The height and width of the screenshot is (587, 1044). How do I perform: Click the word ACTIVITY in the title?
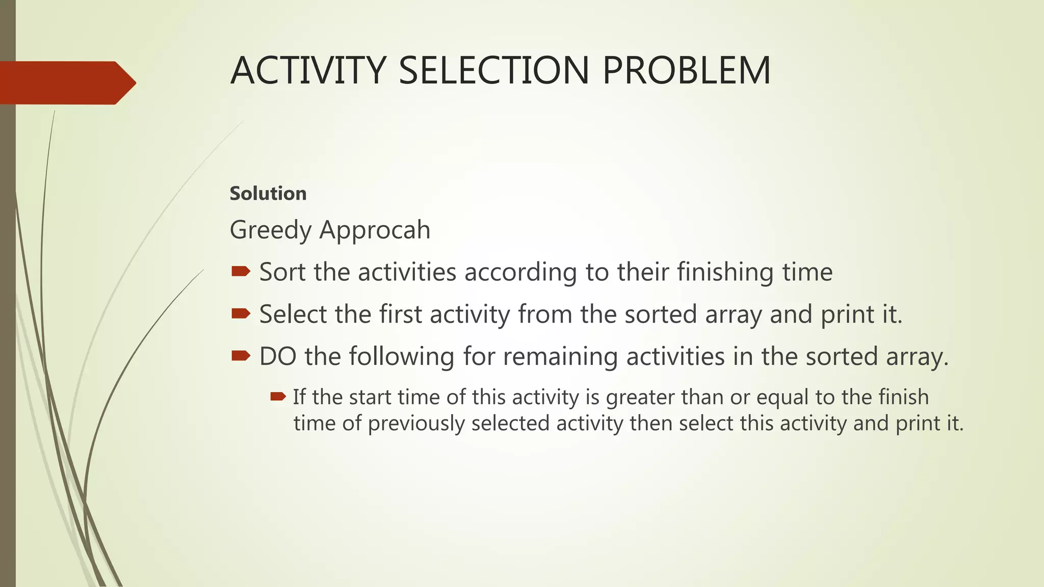point(308,70)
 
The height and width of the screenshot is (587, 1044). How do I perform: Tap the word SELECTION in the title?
point(493,70)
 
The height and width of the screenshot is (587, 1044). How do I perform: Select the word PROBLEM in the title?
point(686,70)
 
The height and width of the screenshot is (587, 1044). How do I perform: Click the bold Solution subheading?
point(268,194)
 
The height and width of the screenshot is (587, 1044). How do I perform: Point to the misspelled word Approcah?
point(375,230)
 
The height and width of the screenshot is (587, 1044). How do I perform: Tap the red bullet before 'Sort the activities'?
point(241,271)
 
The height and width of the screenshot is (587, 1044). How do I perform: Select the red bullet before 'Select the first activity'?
point(241,313)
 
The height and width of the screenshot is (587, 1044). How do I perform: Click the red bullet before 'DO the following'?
point(241,356)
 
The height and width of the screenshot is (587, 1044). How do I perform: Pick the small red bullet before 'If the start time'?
point(278,396)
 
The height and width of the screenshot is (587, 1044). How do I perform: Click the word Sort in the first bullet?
point(282,272)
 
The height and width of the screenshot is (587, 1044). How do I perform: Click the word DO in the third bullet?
point(278,356)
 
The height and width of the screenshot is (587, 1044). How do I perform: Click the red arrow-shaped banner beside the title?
point(66,83)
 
